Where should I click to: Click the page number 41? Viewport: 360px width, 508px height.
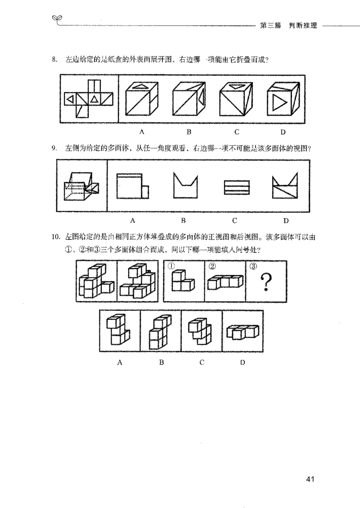pos(309,479)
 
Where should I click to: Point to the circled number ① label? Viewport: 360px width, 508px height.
pos(171,266)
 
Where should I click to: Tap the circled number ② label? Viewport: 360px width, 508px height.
pos(212,266)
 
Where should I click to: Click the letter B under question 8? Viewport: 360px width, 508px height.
pos(189,132)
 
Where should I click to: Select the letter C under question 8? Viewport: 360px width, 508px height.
pos(236,132)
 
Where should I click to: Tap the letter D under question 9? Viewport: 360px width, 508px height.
pos(286,220)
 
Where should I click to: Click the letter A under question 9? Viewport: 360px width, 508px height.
pos(132,220)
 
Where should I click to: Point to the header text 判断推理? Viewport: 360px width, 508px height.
pos(303,26)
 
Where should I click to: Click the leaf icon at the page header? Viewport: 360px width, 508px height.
pos(57,18)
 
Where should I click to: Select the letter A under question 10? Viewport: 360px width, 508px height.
pos(120,362)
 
